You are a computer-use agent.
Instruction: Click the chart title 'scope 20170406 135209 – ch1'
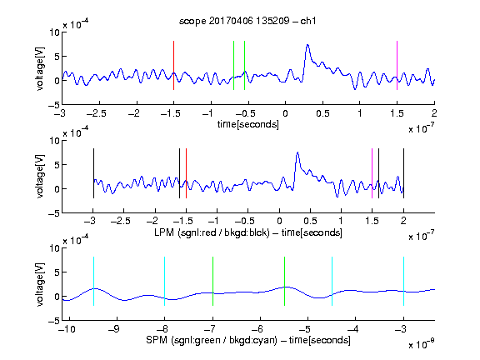pyautogui.click(x=247, y=21)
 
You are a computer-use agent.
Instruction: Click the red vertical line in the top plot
pyautogui.click(x=173, y=65)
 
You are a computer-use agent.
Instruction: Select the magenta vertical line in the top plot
pyautogui.click(x=397, y=65)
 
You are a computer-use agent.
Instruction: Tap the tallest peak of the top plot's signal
pyautogui.click(x=307, y=45)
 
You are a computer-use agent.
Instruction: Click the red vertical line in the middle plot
pyautogui.click(x=186, y=173)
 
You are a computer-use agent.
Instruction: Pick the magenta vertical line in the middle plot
pyautogui.click(x=372, y=173)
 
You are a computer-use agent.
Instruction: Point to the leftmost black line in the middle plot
pyautogui.click(x=93, y=173)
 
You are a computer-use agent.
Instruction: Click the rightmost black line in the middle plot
pyautogui.click(x=403, y=173)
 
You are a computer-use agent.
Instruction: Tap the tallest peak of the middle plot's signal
pyautogui.click(x=297, y=152)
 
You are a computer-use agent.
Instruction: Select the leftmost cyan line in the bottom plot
pyautogui.click(x=93, y=281)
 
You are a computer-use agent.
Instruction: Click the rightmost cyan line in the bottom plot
pyautogui.click(x=403, y=281)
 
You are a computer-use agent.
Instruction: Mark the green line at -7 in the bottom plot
pyautogui.click(x=212, y=281)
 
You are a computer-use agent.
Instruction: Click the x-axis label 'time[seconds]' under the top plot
pyautogui.click(x=248, y=124)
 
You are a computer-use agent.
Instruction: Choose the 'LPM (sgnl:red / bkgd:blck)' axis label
pyautogui.click(x=212, y=232)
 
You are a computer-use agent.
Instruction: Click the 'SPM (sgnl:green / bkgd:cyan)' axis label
pyautogui.click(x=212, y=340)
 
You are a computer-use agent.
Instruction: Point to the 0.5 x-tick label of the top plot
pyautogui.click(x=322, y=113)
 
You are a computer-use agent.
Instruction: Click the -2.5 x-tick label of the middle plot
pyautogui.click(x=120, y=221)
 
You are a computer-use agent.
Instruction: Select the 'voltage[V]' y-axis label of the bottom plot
pyautogui.click(x=40, y=284)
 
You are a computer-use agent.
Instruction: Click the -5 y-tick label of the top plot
pyautogui.click(x=53, y=105)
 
